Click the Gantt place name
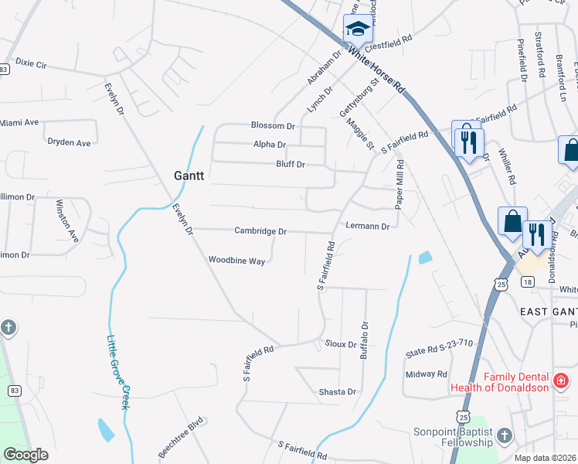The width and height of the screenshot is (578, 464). [189, 176]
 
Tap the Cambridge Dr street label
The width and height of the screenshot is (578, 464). [261, 231]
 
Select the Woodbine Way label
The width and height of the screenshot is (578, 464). [236, 261]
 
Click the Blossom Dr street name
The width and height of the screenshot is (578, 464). [273, 125]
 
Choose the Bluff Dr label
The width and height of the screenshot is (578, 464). [291, 165]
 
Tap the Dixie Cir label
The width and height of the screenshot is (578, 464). [31, 62]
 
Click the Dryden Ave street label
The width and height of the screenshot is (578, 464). [69, 143]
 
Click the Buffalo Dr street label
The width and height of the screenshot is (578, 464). [365, 340]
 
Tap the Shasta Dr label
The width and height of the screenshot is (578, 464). [338, 392]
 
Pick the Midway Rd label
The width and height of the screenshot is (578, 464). [427, 374]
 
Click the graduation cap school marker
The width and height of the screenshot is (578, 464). [357, 30]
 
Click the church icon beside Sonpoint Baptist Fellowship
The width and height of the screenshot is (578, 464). [505, 435]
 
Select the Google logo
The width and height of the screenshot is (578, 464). [25, 455]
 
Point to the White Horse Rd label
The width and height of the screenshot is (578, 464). [376, 70]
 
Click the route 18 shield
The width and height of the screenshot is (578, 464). [527, 283]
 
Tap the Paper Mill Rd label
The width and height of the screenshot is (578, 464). [400, 185]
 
